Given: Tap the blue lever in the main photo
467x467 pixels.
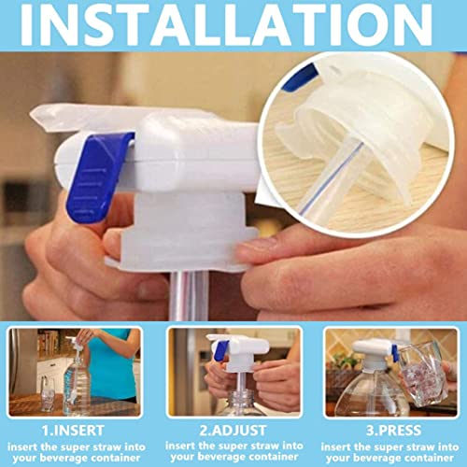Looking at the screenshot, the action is (x=98, y=176).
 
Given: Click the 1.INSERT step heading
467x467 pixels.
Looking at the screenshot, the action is (x=73, y=431).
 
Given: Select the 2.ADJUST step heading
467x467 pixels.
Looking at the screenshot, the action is (x=233, y=431).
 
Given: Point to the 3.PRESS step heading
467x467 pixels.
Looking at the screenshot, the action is (x=393, y=431).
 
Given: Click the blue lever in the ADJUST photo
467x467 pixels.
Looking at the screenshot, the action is (x=221, y=349).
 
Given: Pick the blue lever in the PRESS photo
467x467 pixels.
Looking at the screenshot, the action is (x=395, y=353).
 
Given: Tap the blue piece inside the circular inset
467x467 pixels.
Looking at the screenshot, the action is (x=301, y=78).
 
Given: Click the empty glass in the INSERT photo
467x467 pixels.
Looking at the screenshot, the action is (x=48, y=393).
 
